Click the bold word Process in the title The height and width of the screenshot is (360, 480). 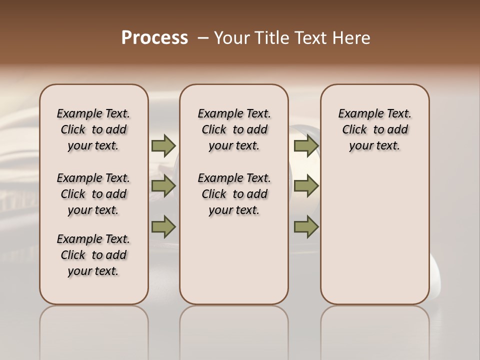(154, 38)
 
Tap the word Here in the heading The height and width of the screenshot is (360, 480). (351, 38)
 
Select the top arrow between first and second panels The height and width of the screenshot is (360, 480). (163, 146)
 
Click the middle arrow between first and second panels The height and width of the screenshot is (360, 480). (163, 186)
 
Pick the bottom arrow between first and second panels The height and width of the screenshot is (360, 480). (163, 226)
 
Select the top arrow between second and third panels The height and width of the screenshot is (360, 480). (306, 146)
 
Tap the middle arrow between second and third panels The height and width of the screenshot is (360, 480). (306, 186)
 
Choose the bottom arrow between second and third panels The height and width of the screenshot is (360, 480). (306, 226)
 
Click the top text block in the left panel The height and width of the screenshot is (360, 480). (93, 129)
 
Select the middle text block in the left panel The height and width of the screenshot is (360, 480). (93, 194)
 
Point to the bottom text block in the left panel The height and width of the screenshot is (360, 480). (93, 255)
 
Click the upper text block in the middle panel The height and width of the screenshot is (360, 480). (234, 129)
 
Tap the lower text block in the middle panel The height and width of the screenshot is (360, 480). (234, 194)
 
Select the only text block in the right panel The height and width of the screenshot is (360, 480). (374, 129)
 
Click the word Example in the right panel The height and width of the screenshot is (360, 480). (357, 114)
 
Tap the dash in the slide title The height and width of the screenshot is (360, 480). (203, 38)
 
